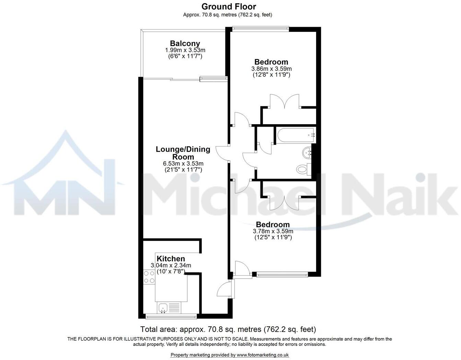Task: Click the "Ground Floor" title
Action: pos(228,7)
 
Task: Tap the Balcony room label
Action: pos(185,44)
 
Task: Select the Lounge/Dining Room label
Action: pos(183,153)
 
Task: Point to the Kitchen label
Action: pos(171,259)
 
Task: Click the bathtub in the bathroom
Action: pos(295,135)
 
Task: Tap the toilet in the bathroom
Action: pos(302,169)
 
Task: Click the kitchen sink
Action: pos(163,308)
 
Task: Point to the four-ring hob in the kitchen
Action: pos(149,277)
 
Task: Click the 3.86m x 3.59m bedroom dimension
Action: pos(271,69)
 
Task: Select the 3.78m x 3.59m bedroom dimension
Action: pos(273,231)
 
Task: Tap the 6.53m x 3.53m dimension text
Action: pos(183,164)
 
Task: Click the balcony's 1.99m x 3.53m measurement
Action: pos(185,50)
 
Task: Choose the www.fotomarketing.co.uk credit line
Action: pos(229,355)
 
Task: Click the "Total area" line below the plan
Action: pos(228,329)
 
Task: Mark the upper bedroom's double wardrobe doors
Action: pos(285,102)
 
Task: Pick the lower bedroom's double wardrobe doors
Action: pos(284,202)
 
